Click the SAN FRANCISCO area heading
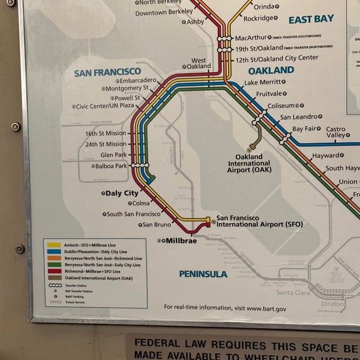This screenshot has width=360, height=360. (107, 73)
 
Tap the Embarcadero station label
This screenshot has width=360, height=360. (137, 80)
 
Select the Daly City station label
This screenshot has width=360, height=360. (121, 193)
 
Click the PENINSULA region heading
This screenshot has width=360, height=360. (203, 274)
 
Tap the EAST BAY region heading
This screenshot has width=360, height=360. (311, 19)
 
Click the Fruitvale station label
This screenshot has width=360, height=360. (268, 94)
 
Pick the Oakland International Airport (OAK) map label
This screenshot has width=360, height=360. (248, 163)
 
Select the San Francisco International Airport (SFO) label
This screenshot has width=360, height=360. (259, 221)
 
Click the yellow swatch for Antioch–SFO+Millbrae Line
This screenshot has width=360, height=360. (53, 245)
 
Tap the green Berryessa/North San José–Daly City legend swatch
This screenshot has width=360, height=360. (53, 265)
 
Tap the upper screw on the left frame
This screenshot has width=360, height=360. (16, 127)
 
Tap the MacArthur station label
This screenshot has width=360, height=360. (250, 37)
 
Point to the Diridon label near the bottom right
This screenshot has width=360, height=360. (332, 304)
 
